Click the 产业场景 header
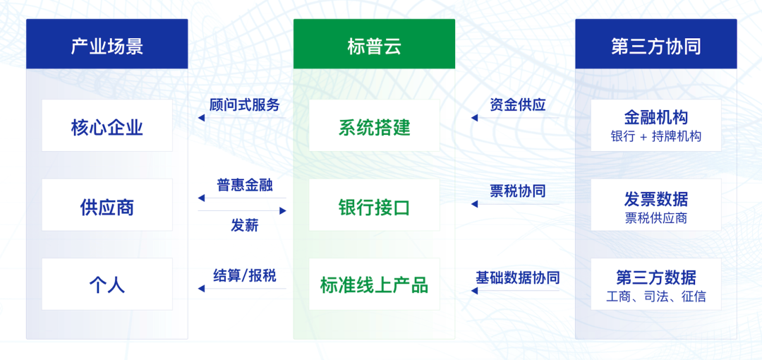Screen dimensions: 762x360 click(x=107, y=44)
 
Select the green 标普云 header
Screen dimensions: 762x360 click(x=374, y=44)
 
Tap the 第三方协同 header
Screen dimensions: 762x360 click(x=656, y=44)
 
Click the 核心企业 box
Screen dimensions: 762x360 click(x=107, y=126)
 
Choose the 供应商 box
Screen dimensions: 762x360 click(x=107, y=205)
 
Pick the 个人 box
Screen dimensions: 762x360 click(x=107, y=284)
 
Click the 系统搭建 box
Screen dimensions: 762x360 click(x=374, y=126)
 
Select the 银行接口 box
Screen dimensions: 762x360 click(x=374, y=205)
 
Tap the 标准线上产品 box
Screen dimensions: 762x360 click(x=374, y=284)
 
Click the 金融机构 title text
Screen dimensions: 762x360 click(x=656, y=118)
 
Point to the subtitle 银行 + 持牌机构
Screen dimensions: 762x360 click(x=656, y=137)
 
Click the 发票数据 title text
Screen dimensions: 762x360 click(x=656, y=198)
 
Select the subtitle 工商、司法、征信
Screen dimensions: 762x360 click(x=656, y=296)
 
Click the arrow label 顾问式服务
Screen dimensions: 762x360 click(x=245, y=104)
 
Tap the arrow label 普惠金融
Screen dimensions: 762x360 click(x=245, y=186)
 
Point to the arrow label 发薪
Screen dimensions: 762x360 click(x=245, y=225)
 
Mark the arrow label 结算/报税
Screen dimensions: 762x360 click(x=245, y=276)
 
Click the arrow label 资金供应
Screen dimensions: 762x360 click(x=518, y=104)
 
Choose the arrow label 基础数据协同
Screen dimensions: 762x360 click(x=518, y=277)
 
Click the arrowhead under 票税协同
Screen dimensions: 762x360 click(x=474, y=204)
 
